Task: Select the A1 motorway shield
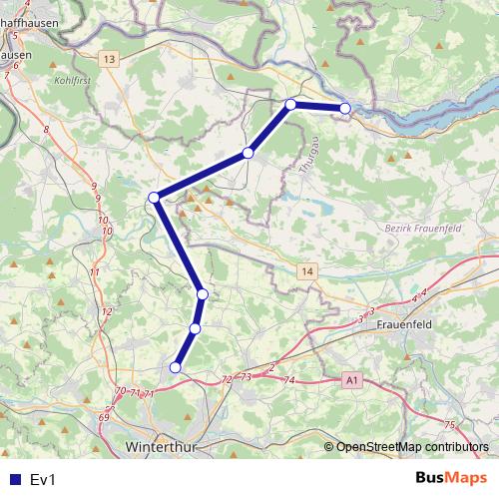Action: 350,380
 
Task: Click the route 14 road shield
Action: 306,271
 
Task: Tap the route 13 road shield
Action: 109,61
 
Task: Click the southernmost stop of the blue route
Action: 176,367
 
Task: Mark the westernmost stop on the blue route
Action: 154,198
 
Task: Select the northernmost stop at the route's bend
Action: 290,104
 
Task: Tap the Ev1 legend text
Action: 42,480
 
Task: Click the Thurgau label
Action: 307,159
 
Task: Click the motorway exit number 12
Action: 107,312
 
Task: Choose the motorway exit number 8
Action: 47,128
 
